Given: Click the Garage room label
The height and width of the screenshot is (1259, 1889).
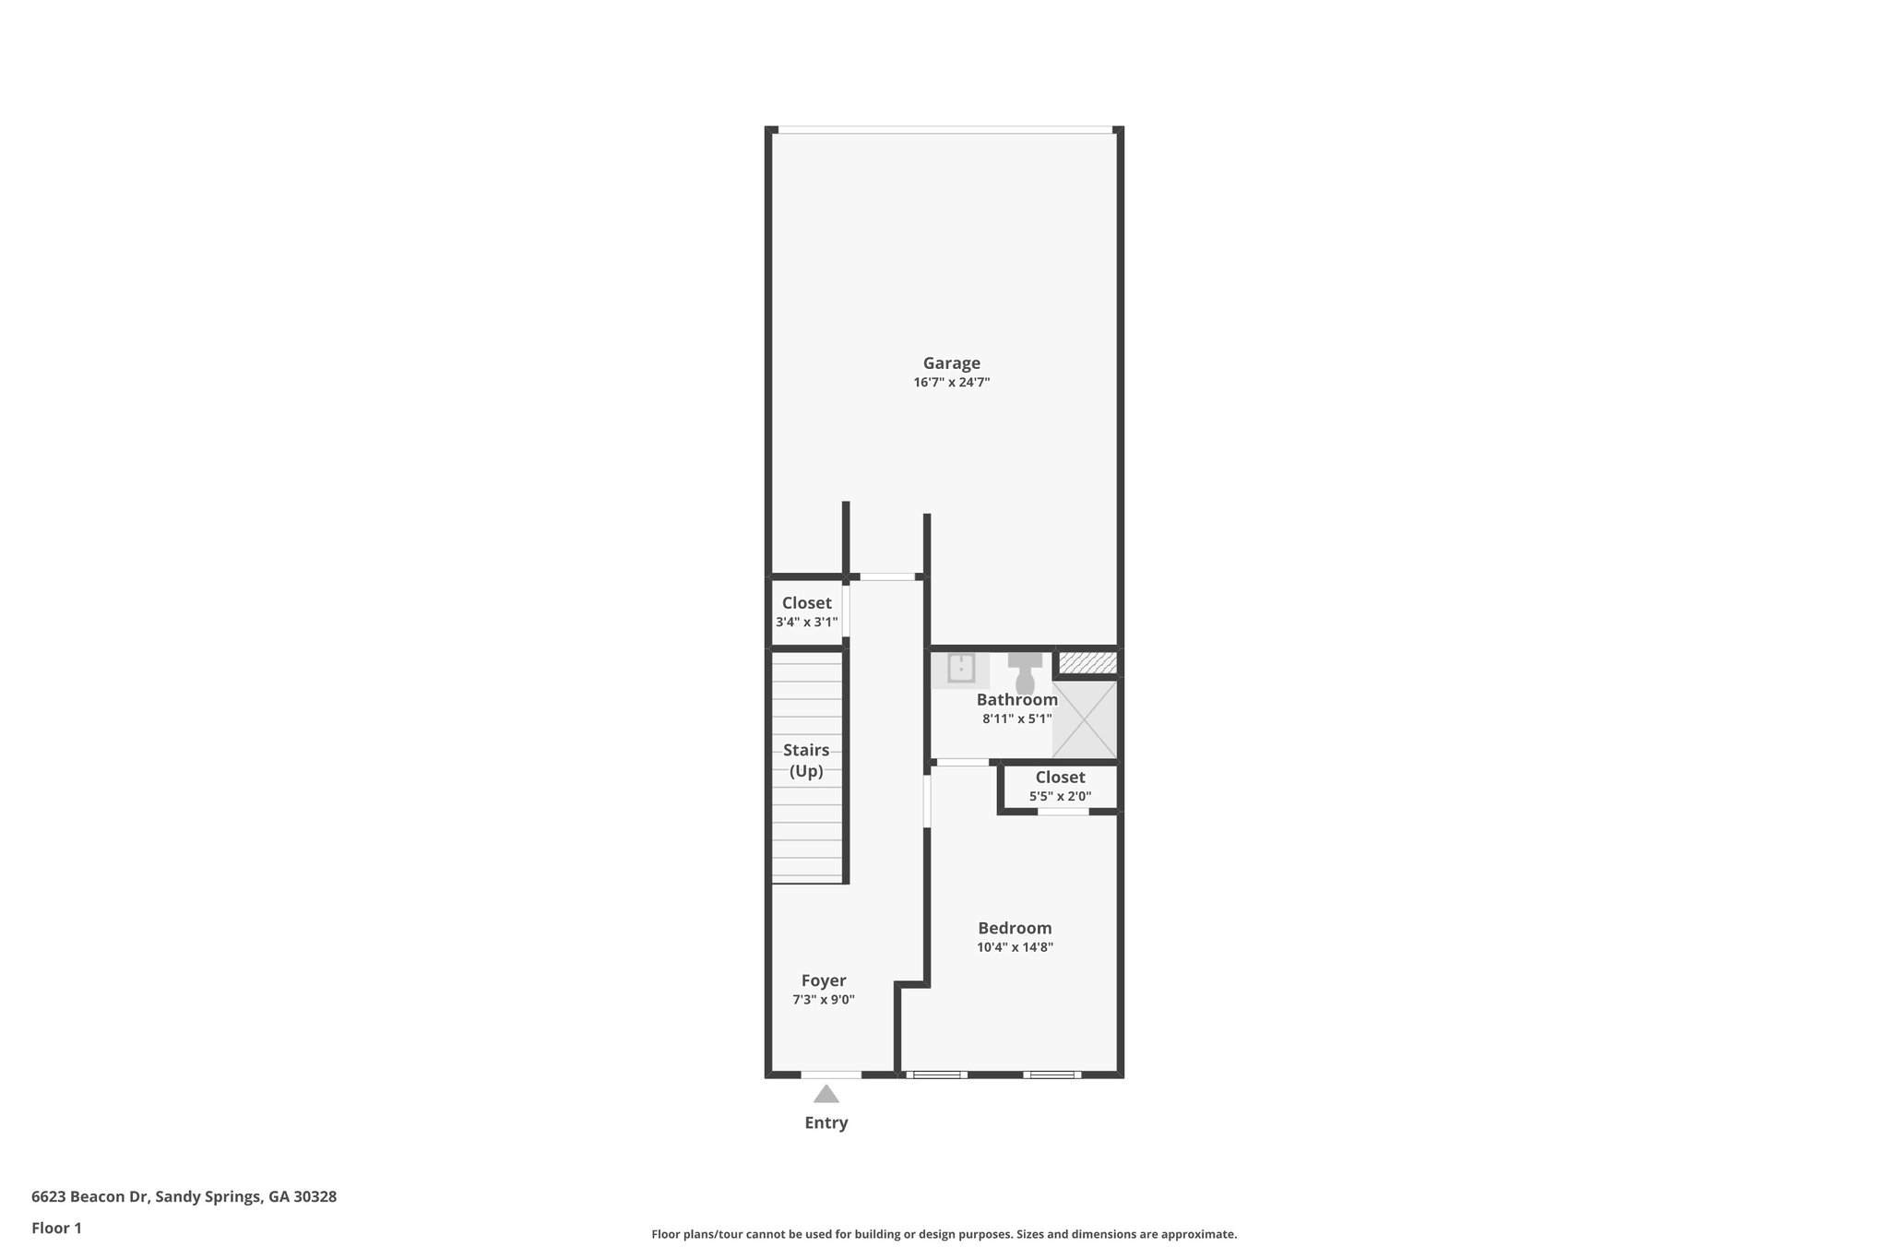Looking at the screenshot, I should click(951, 363).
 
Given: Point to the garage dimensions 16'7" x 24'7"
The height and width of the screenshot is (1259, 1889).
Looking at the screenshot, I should click(951, 383).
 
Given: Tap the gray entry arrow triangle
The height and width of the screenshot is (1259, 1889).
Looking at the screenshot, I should click(826, 1094).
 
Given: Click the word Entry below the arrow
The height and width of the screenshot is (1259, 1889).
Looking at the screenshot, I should click(826, 1122).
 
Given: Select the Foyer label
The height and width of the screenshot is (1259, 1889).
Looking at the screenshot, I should click(823, 980).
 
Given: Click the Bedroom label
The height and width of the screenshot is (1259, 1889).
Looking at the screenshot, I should click(1015, 928).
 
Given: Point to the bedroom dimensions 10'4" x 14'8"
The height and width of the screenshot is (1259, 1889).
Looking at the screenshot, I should click(1015, 947).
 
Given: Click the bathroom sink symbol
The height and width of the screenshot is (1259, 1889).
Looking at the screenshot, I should click(961, 669).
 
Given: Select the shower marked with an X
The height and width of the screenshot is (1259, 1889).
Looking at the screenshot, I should click(1085, 719).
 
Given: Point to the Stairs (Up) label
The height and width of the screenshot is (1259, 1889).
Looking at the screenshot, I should click(806, 761).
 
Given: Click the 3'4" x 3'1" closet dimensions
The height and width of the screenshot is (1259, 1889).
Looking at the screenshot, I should click(806, 623).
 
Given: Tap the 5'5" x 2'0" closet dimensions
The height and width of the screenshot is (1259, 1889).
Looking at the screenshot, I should click(1060, 796).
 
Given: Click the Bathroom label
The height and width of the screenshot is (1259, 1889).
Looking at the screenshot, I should click(1016, 699).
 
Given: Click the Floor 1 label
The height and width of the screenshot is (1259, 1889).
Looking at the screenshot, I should click(56, 1228).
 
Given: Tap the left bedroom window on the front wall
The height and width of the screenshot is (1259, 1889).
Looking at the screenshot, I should click(936, 1075).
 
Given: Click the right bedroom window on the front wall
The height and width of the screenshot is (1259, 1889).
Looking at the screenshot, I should click(1051, 1075).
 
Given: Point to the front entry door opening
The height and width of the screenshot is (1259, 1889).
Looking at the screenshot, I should click(831, 1075).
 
